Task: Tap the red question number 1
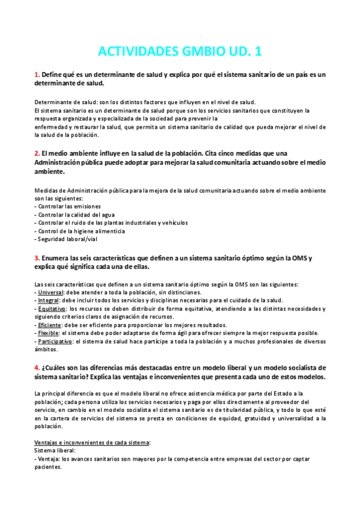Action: click(x=37, y=75)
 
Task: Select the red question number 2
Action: click(x=37, y=153)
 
